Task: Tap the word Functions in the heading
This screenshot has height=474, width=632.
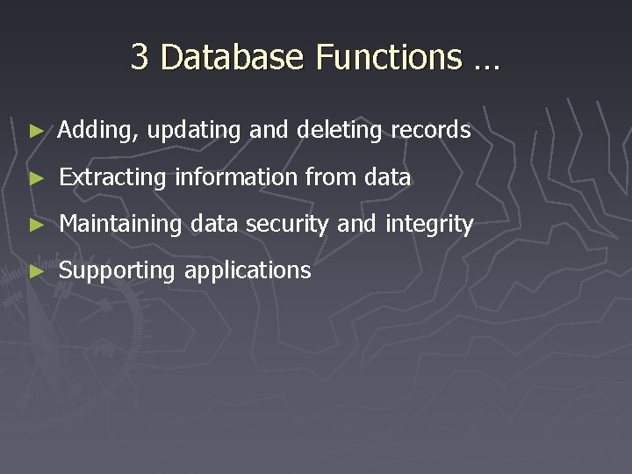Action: pos(389,58)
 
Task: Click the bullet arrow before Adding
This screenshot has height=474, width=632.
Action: pos(36,131)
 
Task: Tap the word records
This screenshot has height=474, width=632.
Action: pos(430,130)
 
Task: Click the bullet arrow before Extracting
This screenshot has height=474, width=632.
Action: pos(36,178)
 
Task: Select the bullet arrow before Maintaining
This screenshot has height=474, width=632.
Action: pos(36,225)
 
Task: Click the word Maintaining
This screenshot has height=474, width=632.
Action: pos(120,225)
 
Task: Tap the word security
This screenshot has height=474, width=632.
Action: pos(288,225)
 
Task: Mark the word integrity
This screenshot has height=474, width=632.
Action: pos(429,225)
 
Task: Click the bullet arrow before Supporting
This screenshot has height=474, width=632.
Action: pos(36,271)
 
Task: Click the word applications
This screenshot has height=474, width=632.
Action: pos(248,271)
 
